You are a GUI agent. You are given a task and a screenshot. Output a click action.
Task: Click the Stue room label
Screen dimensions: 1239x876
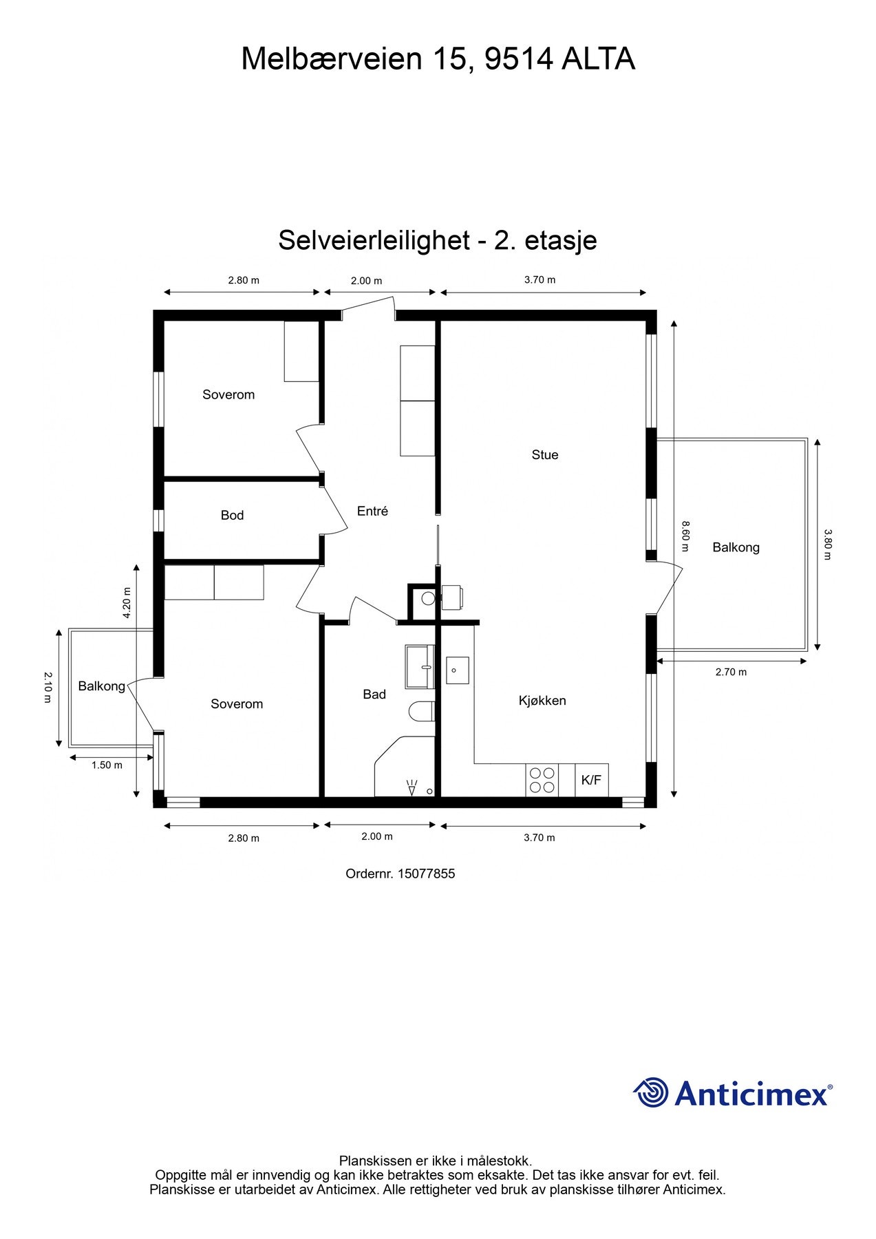[x=544, y=454]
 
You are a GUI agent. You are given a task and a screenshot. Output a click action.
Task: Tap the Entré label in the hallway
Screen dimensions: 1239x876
[x=372, y=511]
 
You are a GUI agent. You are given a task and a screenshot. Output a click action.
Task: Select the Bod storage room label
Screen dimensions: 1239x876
[x=232, y=515]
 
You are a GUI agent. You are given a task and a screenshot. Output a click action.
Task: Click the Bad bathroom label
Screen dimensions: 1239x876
[x=374, y=695]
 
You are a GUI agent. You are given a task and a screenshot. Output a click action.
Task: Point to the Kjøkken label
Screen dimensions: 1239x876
[x=542, y=701]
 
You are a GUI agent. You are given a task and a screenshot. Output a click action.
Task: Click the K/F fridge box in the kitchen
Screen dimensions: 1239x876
[x=591, y=780]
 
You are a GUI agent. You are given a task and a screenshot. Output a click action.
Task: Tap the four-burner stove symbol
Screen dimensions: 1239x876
[x=542, y=780]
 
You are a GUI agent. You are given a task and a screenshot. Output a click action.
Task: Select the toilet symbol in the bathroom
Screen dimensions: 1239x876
[x=422, y=711]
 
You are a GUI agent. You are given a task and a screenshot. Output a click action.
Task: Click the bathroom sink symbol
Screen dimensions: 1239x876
[x=419, y=666]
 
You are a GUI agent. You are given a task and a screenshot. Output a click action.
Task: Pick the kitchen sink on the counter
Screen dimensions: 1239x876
[x=457, y=670]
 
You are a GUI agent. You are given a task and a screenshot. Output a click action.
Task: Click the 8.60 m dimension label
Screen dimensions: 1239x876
[x=685, y=536]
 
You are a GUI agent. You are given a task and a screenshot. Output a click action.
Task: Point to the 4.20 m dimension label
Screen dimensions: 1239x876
[x=127, y=603]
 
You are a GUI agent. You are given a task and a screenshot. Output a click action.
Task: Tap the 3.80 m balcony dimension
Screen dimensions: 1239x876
[x=828, y=544]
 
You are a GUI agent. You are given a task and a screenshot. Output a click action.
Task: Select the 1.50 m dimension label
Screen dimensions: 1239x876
[x=107, y=765]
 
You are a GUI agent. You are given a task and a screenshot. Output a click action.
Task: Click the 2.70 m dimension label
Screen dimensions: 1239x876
[x=731, y=673]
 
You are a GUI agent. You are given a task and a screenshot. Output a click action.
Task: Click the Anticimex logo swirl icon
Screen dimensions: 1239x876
[x=651, y=1092]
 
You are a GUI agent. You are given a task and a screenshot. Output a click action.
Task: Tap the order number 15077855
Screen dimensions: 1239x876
[x=426, y=874]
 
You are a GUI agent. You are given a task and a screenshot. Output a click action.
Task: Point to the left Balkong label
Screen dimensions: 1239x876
[x=101, y=686]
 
